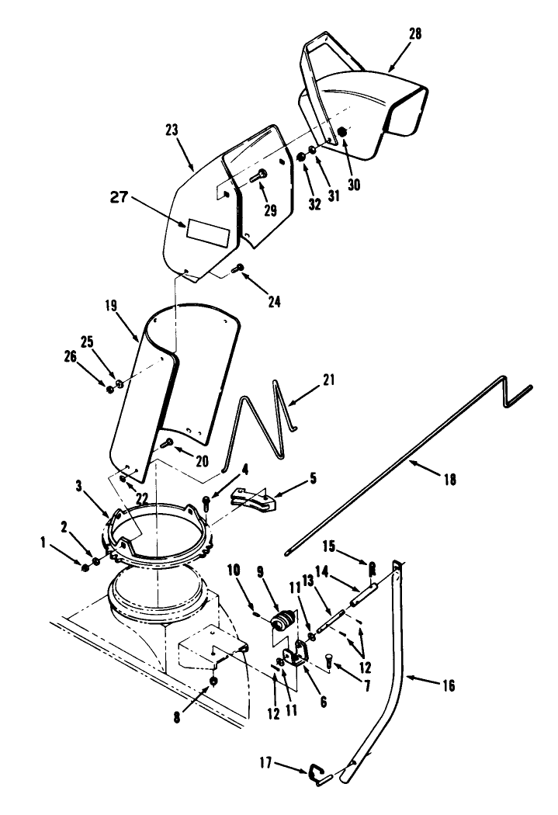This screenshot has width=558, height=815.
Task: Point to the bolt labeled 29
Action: click(x=258, y=176)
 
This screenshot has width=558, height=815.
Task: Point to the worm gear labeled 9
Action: click(x=282, y=621)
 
